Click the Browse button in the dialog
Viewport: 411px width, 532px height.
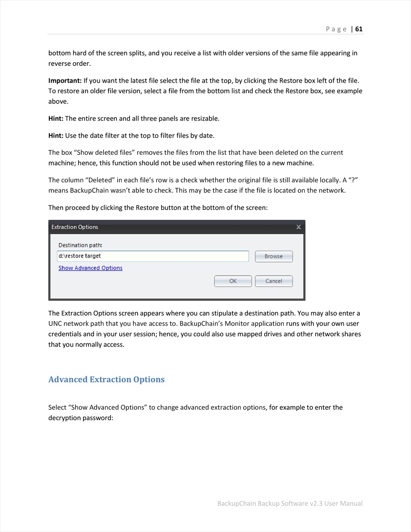tap(274, 256)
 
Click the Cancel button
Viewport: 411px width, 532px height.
tap(274, 281)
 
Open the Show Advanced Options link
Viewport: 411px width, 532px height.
tap(90, 268)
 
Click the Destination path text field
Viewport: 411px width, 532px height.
tap(153, 256)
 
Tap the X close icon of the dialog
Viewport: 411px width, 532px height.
tap(298, 227)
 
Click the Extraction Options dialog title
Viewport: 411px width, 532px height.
tap(75, 227)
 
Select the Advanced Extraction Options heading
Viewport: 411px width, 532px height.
tap(106, 379)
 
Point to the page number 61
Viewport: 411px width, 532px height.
tap(359, 29)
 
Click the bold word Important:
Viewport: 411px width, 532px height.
tap(65, 81)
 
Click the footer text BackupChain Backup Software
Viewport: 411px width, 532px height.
tap(262, 503)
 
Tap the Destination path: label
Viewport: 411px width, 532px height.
tap(80, 245)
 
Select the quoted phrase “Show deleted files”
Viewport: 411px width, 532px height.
tap(104, 152)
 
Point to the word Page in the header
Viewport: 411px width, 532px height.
tap(336, 29)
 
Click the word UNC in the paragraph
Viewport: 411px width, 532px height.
tap(55, 323)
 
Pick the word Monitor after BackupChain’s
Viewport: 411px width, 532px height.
tap(237, 323)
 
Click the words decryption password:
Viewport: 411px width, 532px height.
tap(81, 418)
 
